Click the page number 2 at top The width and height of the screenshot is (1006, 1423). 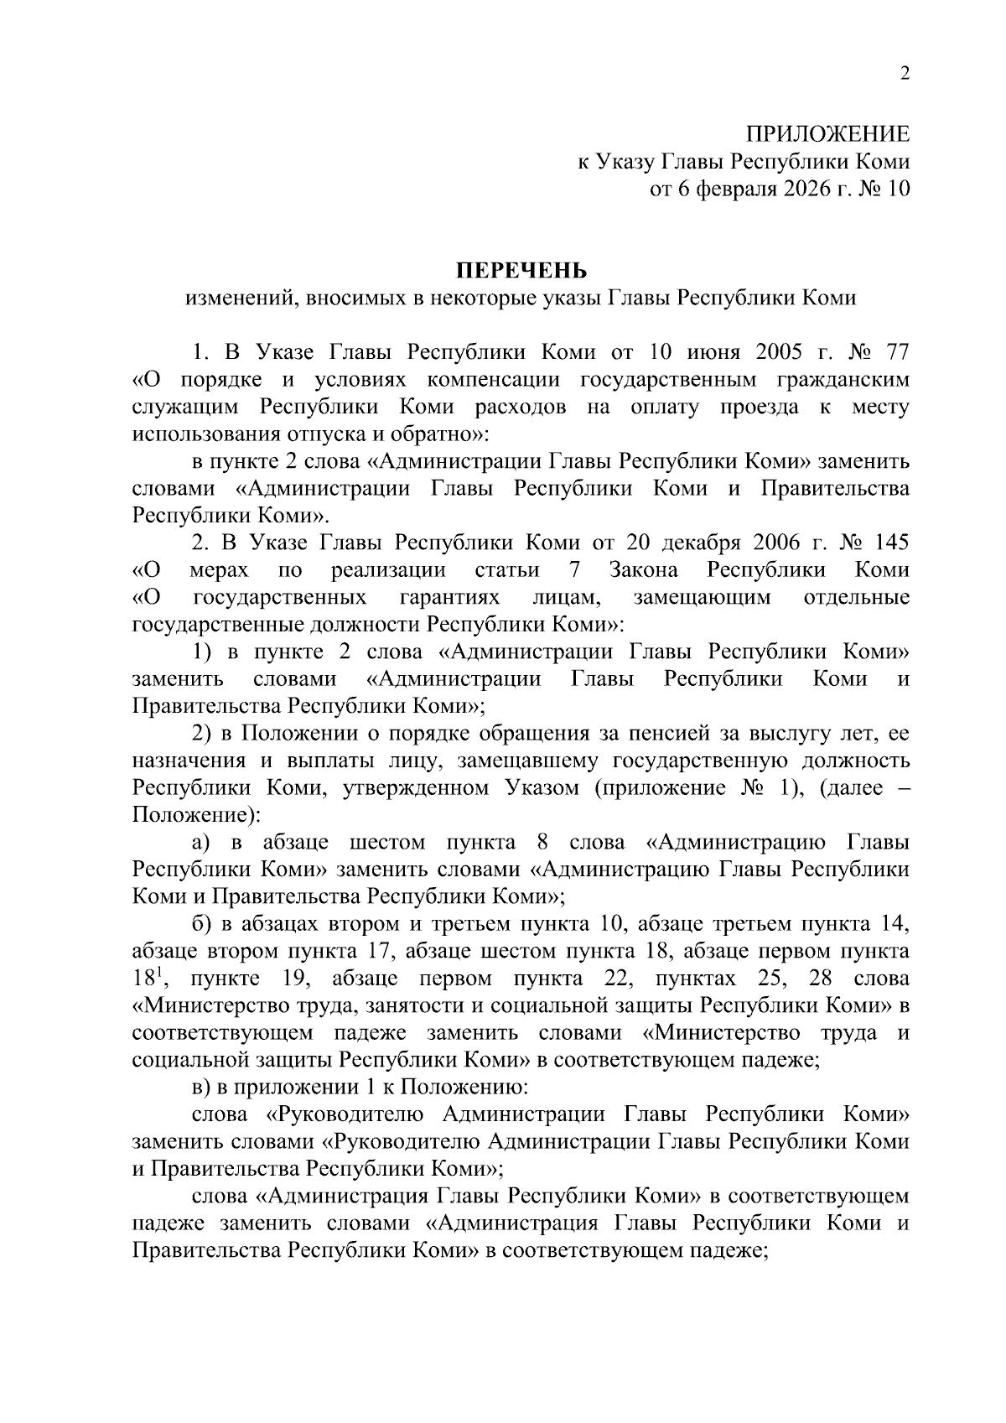(905, 74)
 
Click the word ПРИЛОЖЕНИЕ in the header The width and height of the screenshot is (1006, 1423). (827, 134)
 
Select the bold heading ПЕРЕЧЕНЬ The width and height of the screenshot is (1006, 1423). (521, 270)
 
